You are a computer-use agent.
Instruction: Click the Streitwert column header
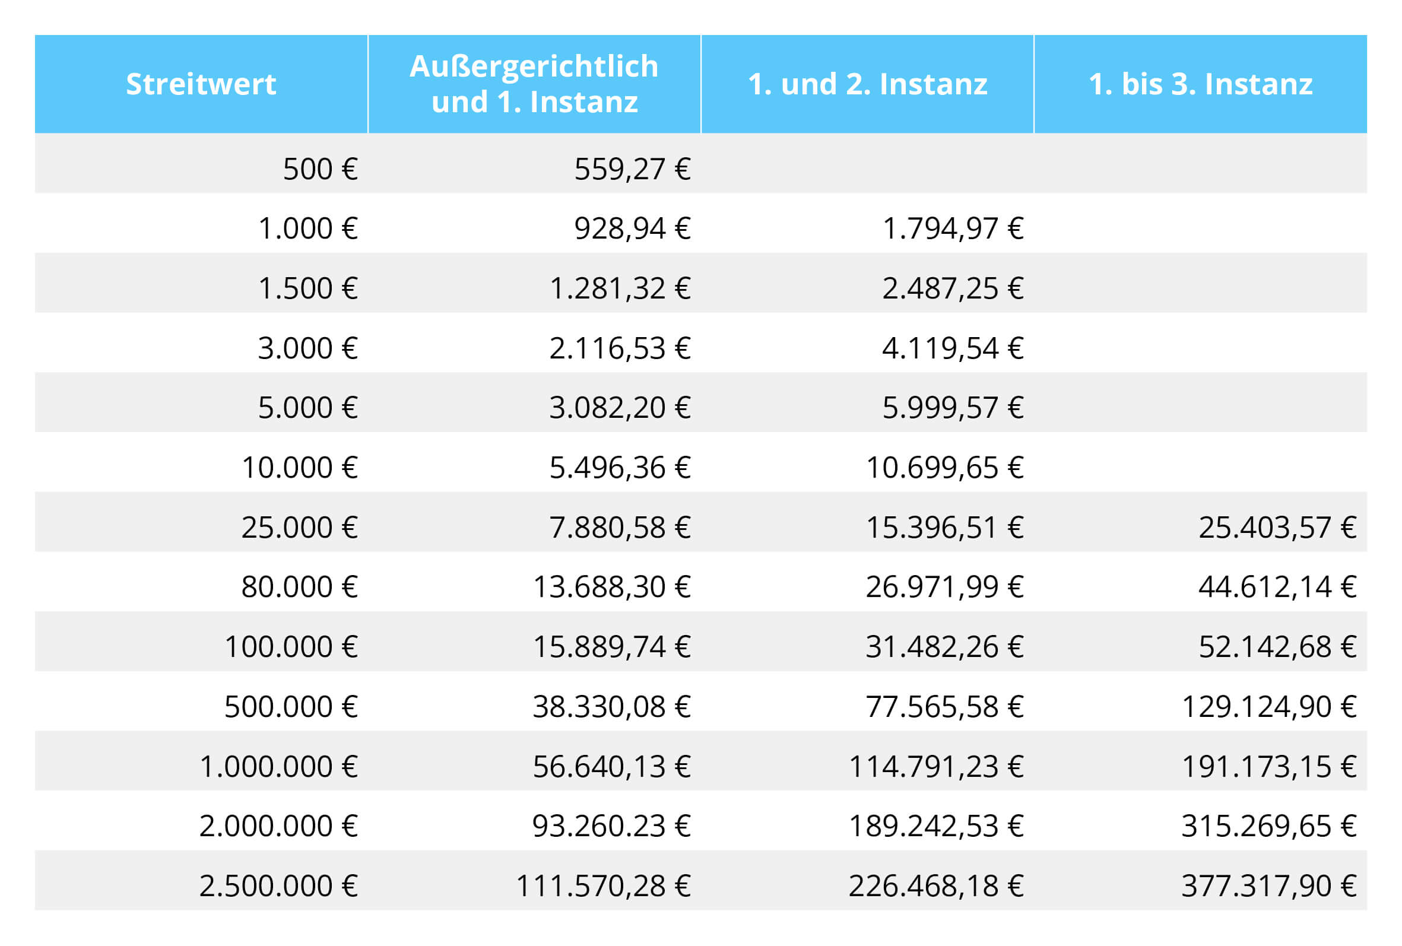201,84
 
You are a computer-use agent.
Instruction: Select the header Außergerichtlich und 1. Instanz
534,84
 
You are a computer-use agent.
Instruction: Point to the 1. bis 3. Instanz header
1200,84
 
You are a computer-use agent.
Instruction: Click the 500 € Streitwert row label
320,169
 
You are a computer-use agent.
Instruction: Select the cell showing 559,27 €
632,169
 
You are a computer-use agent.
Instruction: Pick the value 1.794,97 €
953,228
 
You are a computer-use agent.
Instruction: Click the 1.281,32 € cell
620,288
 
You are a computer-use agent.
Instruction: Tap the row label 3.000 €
307,348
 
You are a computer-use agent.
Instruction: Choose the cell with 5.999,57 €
953,408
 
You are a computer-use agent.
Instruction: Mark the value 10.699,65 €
945,468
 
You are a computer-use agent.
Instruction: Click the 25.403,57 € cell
1277,527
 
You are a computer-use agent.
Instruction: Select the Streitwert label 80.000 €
299,586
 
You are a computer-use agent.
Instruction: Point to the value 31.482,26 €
945,647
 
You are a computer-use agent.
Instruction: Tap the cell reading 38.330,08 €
611,706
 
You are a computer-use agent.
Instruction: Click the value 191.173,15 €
1268,767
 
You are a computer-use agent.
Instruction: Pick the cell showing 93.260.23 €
611,826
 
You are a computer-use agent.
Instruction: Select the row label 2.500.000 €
278,886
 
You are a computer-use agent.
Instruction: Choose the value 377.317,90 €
1268,886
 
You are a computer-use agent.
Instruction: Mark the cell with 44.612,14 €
1277,586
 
